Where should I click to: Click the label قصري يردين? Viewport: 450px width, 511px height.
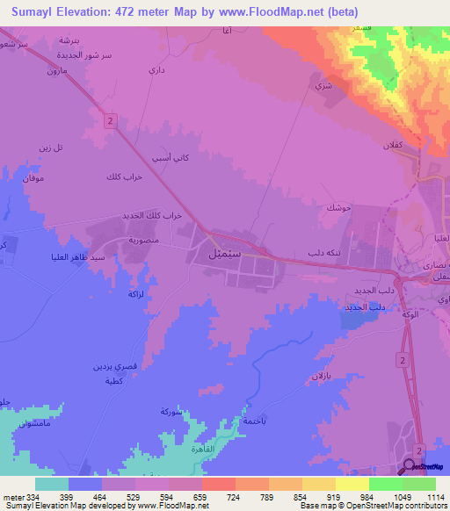(114, 365)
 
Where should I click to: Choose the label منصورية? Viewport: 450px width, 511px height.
(143, 239)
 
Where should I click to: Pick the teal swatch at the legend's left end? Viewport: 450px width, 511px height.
(52, 483)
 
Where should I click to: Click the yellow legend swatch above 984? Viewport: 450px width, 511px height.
(352, 483)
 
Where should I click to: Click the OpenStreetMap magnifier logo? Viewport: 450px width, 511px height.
(410, 466)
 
